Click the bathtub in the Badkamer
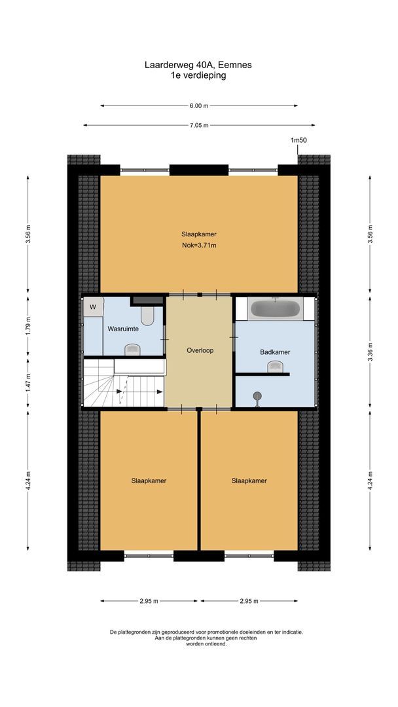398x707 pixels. pyautogui.click(x=275, y=308)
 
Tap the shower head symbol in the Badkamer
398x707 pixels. pyautogui.click(x=257, y=396)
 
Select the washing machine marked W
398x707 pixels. pyautogui.click(x=93, y=306)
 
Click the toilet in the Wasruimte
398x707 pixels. pyautogui.click(x=147, y=316)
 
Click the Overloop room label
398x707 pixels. pyautogui.click(x=199, y=350)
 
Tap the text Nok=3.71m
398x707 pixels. pyautogui.click(x=199, y=245)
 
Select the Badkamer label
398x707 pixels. pyautogui.click(x=275, y=352)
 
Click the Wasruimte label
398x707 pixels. pyautogui.click(x=122, y=329)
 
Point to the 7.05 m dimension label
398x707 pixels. pyautogui.click(x=199, y=125)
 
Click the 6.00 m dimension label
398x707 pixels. pyautogui.click(x=199, y=105)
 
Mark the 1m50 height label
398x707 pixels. pyautogui.click(x=299, y=140)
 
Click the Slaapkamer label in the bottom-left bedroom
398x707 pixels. pyautogui.click(x=149, y=480)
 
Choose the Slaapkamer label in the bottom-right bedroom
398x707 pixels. pyautogui.click(x=249, y=480)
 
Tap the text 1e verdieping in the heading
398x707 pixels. pyautogui.click(x=199, y=75)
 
